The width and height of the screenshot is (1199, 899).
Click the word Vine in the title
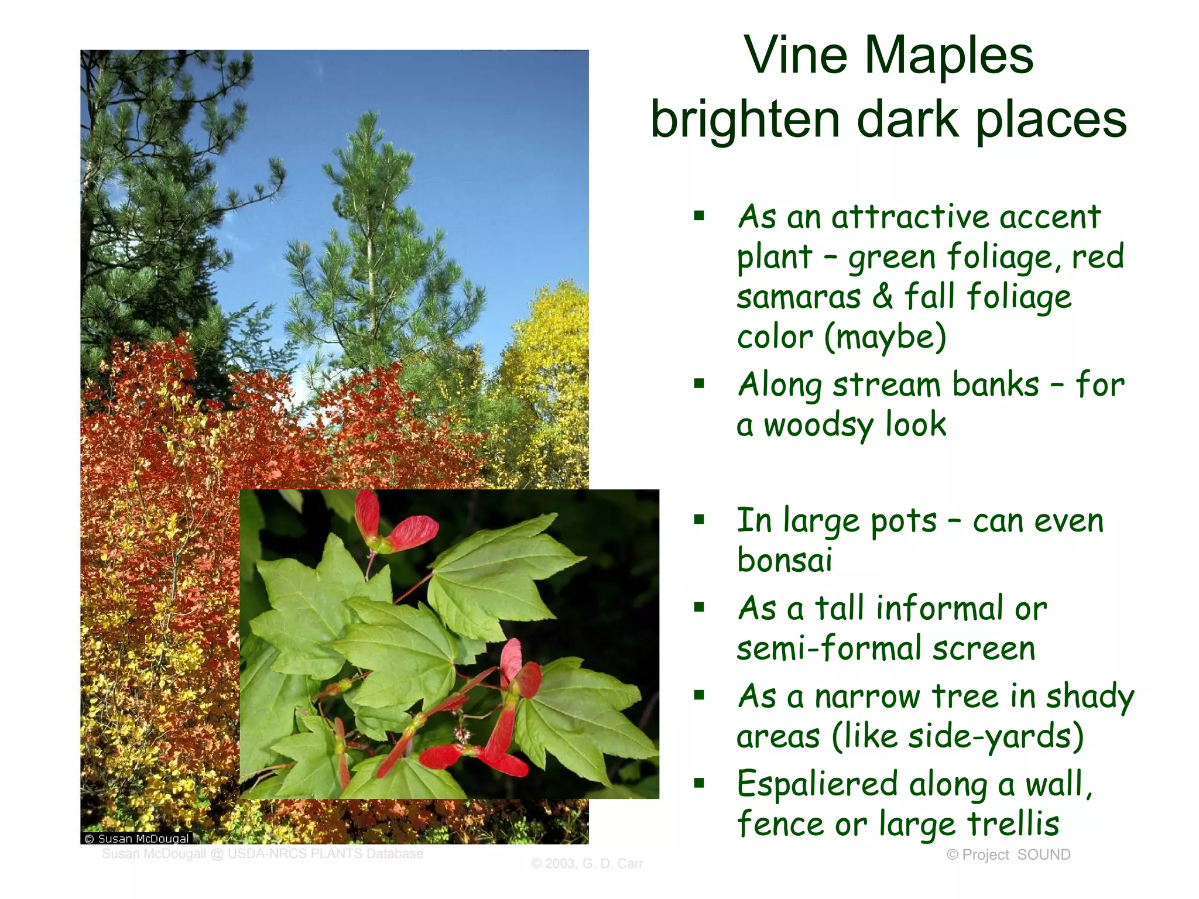click(796, 56)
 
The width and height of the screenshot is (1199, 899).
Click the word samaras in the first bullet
click(799, 297)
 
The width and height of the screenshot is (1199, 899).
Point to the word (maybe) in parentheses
click(885, 337)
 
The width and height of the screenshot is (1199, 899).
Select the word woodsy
click(818, 425)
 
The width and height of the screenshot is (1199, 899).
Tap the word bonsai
click(784, 560)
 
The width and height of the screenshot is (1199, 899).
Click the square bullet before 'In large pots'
click(699, 519)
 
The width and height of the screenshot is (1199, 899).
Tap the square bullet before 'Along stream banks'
click(699, 384)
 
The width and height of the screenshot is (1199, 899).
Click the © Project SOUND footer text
click(1008, 855)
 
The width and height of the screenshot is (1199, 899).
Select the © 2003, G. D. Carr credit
click(587, 863)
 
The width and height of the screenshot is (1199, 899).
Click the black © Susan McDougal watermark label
click(136, 838)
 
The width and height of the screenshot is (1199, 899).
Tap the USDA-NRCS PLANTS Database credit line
click(262, 853)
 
